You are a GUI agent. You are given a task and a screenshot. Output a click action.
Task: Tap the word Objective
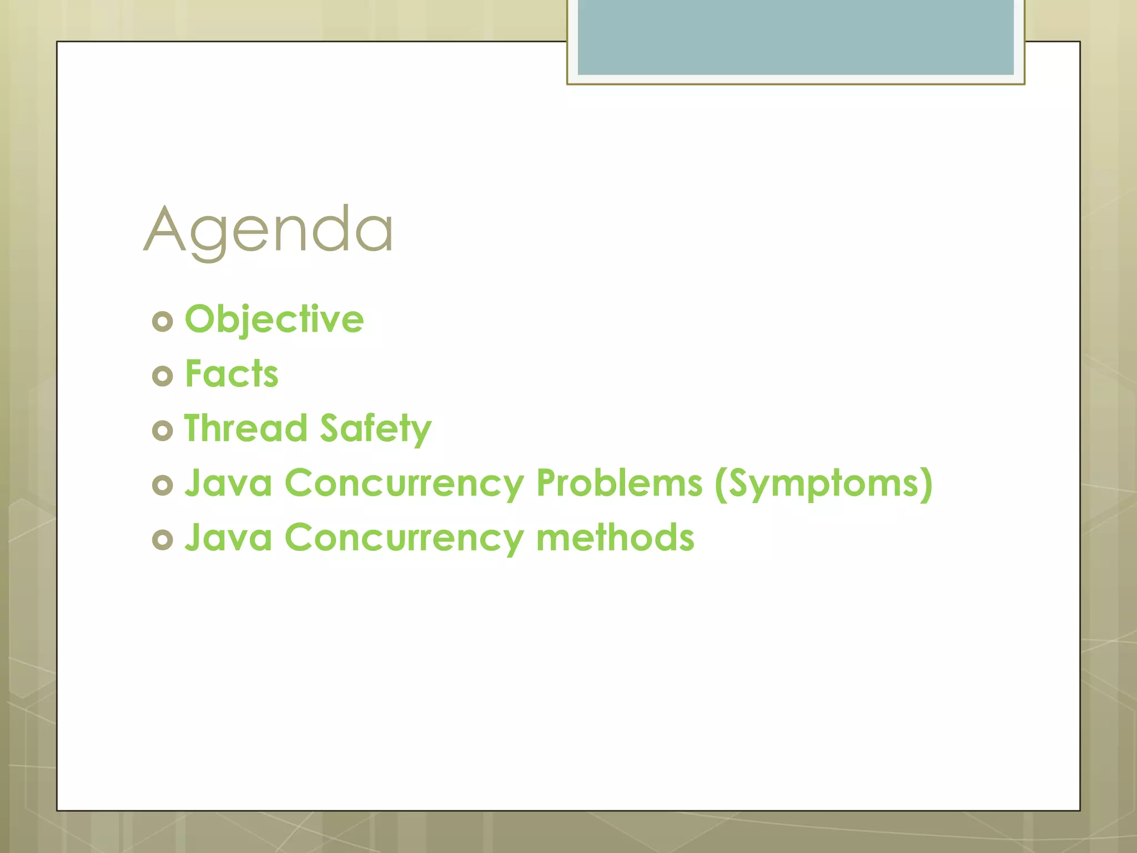274,319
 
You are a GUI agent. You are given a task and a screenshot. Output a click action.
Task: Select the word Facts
232,374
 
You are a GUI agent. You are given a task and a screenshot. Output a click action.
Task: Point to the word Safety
376,429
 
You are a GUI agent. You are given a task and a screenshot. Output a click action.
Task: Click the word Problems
619,483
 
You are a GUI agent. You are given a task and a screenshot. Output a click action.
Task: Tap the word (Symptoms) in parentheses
823,483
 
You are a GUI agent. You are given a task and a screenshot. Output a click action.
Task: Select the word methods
615,538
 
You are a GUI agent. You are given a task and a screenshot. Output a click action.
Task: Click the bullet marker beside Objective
162,322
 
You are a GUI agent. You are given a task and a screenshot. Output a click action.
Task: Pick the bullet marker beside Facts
162,376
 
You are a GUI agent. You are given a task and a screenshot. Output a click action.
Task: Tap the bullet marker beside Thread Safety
162,430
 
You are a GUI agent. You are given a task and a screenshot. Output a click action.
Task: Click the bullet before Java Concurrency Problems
162,485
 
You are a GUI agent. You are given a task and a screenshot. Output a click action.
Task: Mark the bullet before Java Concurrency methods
162,540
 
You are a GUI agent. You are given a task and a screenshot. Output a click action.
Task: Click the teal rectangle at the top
795,37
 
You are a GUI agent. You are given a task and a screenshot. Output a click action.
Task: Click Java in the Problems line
228,483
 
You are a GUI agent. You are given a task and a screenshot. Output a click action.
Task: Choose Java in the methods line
228,538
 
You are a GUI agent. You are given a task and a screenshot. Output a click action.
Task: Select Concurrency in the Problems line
404,484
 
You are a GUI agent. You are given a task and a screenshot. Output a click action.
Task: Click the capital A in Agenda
164,229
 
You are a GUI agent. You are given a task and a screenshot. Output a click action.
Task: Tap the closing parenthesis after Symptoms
925,484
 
